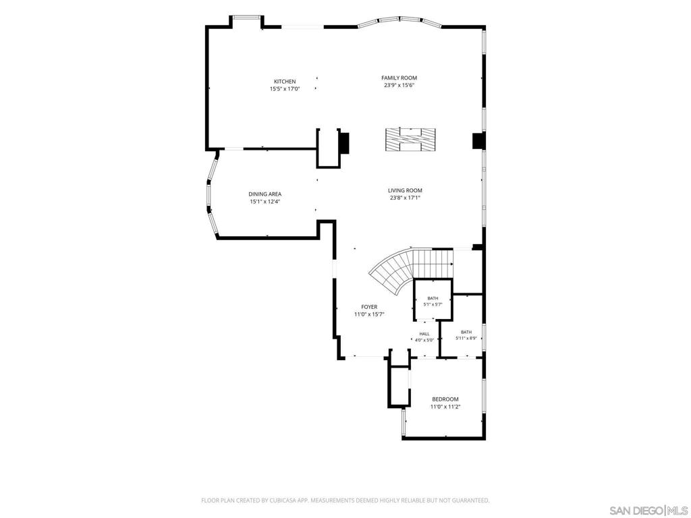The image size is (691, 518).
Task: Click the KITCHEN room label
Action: point(285,82)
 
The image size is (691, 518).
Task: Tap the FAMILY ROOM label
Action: point(399,78)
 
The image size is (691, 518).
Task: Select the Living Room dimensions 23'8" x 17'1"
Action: point(405,198)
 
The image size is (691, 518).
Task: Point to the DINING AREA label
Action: point(265,194)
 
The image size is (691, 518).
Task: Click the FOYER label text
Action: point(369,307)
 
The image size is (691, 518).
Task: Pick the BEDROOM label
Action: point(445,399)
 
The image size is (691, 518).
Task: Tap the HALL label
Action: point(424,334)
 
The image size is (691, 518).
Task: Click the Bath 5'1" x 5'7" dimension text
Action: point(433,304)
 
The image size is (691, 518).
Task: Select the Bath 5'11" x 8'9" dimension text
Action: point(466,339)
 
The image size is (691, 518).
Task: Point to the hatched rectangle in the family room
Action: point(410,140)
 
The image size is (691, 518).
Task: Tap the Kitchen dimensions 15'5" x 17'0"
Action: point(285,89)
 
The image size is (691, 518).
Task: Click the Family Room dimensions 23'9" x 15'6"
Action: point(399,86)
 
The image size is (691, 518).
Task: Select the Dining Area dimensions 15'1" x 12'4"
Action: point(265,202)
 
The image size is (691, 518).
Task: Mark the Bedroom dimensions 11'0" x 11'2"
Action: point(445,407)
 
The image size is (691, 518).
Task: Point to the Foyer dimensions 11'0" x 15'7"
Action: point(369,314)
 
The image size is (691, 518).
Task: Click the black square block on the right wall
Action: point(478,140)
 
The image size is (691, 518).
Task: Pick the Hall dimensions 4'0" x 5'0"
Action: point(424,340)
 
